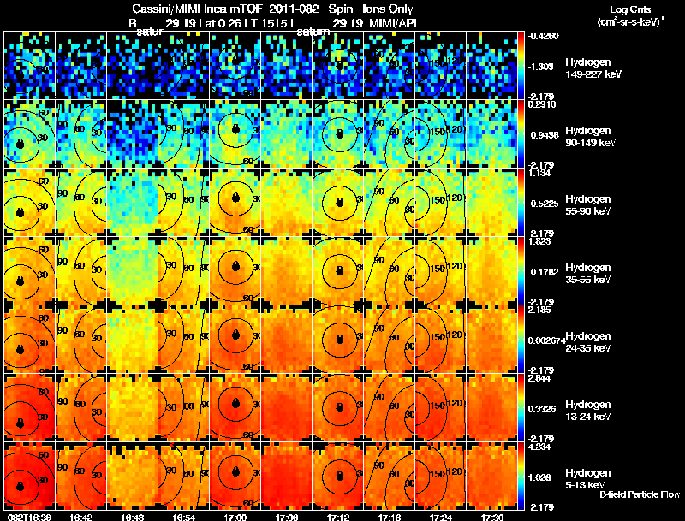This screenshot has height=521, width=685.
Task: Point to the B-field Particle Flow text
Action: pyautogui.click(x=638, y=494)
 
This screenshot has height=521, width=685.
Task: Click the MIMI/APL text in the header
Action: pyautogui.click(x=384, y=25)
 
